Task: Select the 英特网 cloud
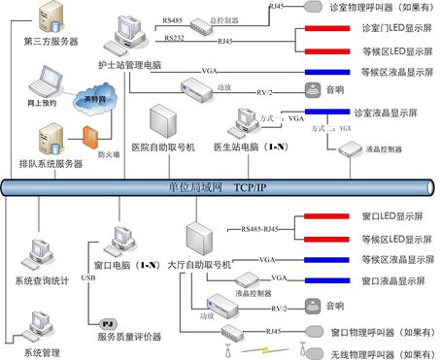tap(92, 101)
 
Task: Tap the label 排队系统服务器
tap(49, 164)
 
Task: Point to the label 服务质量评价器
tap(137, 336)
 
